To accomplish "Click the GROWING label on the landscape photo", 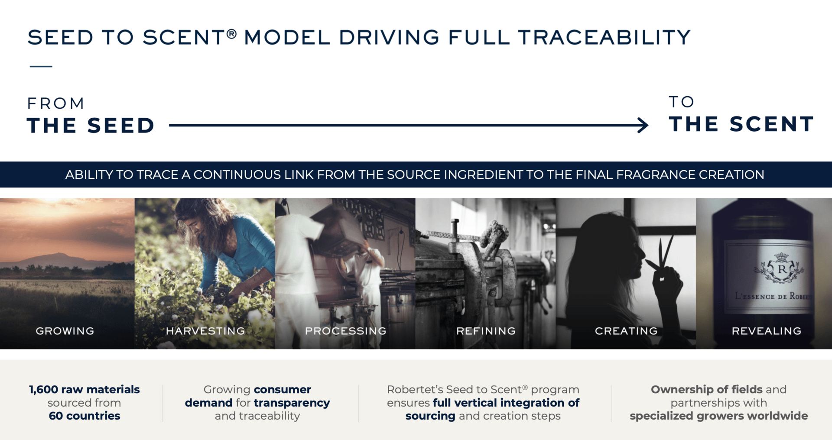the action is (65, 331).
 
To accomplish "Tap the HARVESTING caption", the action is (205, 331).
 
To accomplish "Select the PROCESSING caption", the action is (346, 331).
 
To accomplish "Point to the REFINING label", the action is (486, 331).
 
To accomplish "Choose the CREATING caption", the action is (626, 331).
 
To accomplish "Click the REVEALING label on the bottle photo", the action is (767, 331).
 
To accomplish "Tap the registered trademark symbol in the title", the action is (232, 33).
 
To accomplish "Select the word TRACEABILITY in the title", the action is (604, 37).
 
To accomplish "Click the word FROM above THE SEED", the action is (56, 104).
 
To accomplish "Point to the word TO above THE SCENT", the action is (682, 102).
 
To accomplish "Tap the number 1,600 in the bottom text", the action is (43, 390).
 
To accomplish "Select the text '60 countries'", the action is (84, 416).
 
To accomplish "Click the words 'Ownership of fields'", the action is (706, 389).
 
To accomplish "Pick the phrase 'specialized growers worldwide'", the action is (718, 416).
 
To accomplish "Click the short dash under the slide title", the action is (41, 66).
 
